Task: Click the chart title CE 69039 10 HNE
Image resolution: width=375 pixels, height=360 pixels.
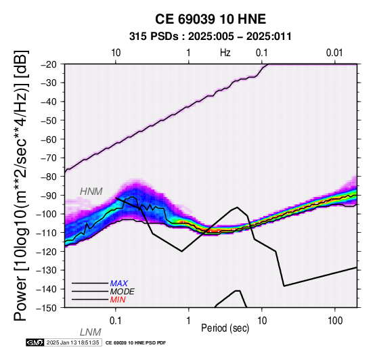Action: pos(211,19)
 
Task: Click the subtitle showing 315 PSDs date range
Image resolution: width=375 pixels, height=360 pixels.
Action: pos(211,37)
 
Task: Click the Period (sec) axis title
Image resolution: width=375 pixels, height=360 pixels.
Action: pos(225,328)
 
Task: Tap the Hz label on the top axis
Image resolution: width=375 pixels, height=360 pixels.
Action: pos(225,53)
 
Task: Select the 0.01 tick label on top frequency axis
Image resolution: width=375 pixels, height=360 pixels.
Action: pos(334,53)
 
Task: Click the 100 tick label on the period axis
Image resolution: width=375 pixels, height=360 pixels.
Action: pos(335,321)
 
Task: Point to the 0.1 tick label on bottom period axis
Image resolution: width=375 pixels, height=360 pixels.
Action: pos(116,321)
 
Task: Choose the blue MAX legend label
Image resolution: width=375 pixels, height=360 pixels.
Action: pos(119,284)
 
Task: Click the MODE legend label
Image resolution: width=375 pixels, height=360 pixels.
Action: pos(123,292)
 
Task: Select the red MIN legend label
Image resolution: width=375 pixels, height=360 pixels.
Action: pos(118,300)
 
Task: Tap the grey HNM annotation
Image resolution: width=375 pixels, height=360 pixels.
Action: pos(91,192)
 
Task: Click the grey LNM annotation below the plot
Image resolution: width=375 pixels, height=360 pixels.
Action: pos(91,332)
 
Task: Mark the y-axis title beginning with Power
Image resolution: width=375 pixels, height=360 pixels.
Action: pos(21,185)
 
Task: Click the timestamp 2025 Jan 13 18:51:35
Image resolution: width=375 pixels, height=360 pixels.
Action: pos(72,342)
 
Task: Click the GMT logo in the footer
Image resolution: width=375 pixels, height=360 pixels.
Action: pos(35,342)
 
